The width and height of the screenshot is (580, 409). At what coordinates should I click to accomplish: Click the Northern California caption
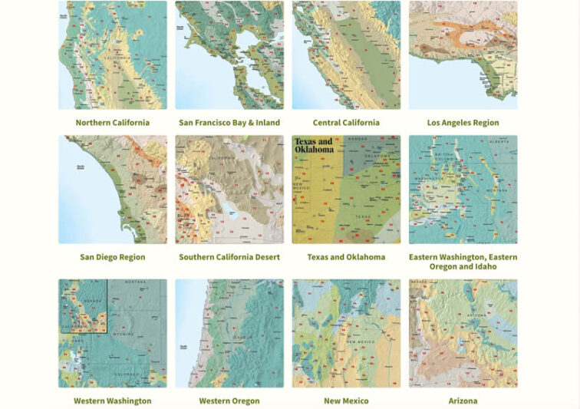pyautogui.click(x=112, y=123)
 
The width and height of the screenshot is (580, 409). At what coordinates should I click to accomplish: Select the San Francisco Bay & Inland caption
pyautogui.click(x=229, y=123)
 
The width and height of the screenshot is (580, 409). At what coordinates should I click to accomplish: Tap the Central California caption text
pyautogui.click(x=346, y=123)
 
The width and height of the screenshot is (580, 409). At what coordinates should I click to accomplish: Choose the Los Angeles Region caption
pyautogui.click(x=463, y=123)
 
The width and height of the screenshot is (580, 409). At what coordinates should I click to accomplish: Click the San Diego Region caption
pyautogui.click(x=112, y=257)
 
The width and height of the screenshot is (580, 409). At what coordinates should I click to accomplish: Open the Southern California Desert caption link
pyautogui.click(x=229, y=257)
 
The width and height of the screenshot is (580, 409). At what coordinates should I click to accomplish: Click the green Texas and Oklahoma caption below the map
pyautogui.click(x=346, y=257)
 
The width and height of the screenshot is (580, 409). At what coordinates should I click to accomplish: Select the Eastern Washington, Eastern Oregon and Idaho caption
pyautogui.click(x=463, y=262)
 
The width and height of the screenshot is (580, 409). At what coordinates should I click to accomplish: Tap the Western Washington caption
pyautogui.click(x=112, y=401)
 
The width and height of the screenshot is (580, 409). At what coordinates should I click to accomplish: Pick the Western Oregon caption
pyautogui.click(x=229, y=401)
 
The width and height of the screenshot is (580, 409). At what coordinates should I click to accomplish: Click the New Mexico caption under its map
pyautogui.click(x=346, y=401)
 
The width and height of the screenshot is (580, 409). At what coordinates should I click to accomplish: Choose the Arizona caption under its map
pyautogui.click(x=463, y=401)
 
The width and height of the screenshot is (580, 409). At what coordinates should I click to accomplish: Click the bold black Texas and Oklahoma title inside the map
pyautogui.click(x=315, y=146)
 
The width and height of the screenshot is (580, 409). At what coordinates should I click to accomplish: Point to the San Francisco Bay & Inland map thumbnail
pyautogui.click(x=229, y=55)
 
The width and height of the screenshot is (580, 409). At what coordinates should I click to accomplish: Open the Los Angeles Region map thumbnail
pyautogui.click(x=463, y=55)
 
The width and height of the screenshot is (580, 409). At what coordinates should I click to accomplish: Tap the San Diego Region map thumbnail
pyautogui.click(x=112, y=190)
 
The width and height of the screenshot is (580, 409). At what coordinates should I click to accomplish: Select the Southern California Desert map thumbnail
pyautogui.click(x=229, y=190)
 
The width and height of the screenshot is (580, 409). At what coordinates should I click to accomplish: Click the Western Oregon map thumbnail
pyautogui.click(x=229, y=333)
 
